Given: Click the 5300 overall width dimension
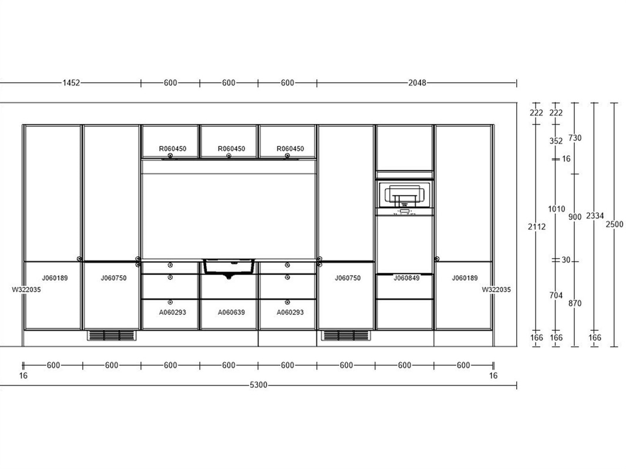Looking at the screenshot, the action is click(x=258, y=385).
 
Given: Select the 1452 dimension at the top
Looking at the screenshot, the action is click(x=71, y=83).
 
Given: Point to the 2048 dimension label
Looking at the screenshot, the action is click(x=417, y=83).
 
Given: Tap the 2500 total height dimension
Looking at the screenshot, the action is click(x=614, y=224).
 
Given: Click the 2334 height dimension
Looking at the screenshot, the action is click(x=594, y=216).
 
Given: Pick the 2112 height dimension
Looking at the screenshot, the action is click(x=537, y=226).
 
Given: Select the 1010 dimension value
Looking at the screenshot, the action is click(x=556, y=209).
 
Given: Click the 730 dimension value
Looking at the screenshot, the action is click(x=575, y=138).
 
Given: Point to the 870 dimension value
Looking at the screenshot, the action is click(x=575, y=303).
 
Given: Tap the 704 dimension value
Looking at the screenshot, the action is click(x=556, y=295).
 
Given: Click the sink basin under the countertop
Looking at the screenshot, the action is click(x=229, y=267).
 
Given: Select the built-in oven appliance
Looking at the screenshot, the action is click(x=404, y=197).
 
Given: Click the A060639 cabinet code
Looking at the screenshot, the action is click(x=231, y=313).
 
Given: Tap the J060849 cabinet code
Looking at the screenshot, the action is click(x=406, y=278).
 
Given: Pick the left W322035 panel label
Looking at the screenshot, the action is click(x=26, y=290).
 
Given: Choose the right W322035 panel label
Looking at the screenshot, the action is click(x=496, y=290).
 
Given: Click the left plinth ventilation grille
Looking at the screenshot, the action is click(x=112, y=335).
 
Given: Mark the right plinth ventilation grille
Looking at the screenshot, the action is click(x=346, y=335).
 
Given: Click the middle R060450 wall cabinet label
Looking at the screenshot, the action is click(x=231, y=149).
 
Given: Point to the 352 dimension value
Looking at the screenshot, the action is click(x=556, y=141).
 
